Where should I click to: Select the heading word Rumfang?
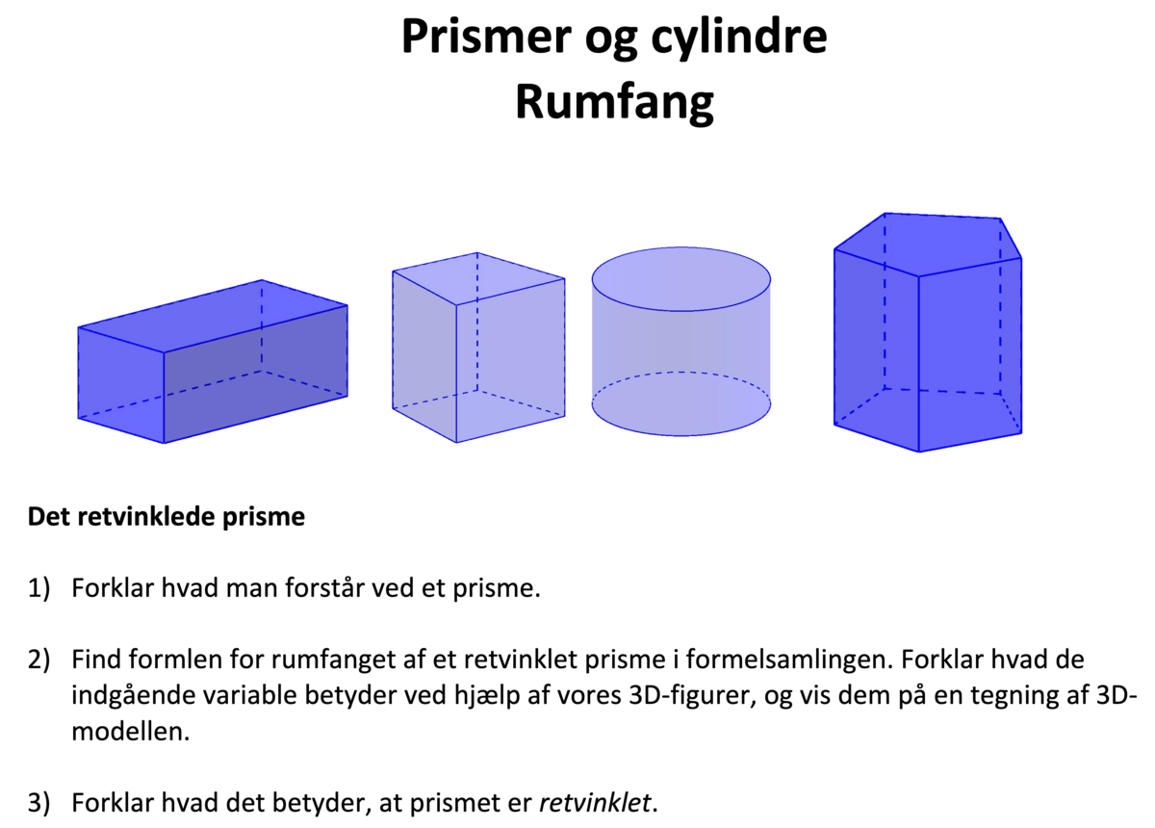point(615,100)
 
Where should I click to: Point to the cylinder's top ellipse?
point(680,278)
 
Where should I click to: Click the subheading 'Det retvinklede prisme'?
point(166,517)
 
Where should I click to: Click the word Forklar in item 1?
point(108,588)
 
